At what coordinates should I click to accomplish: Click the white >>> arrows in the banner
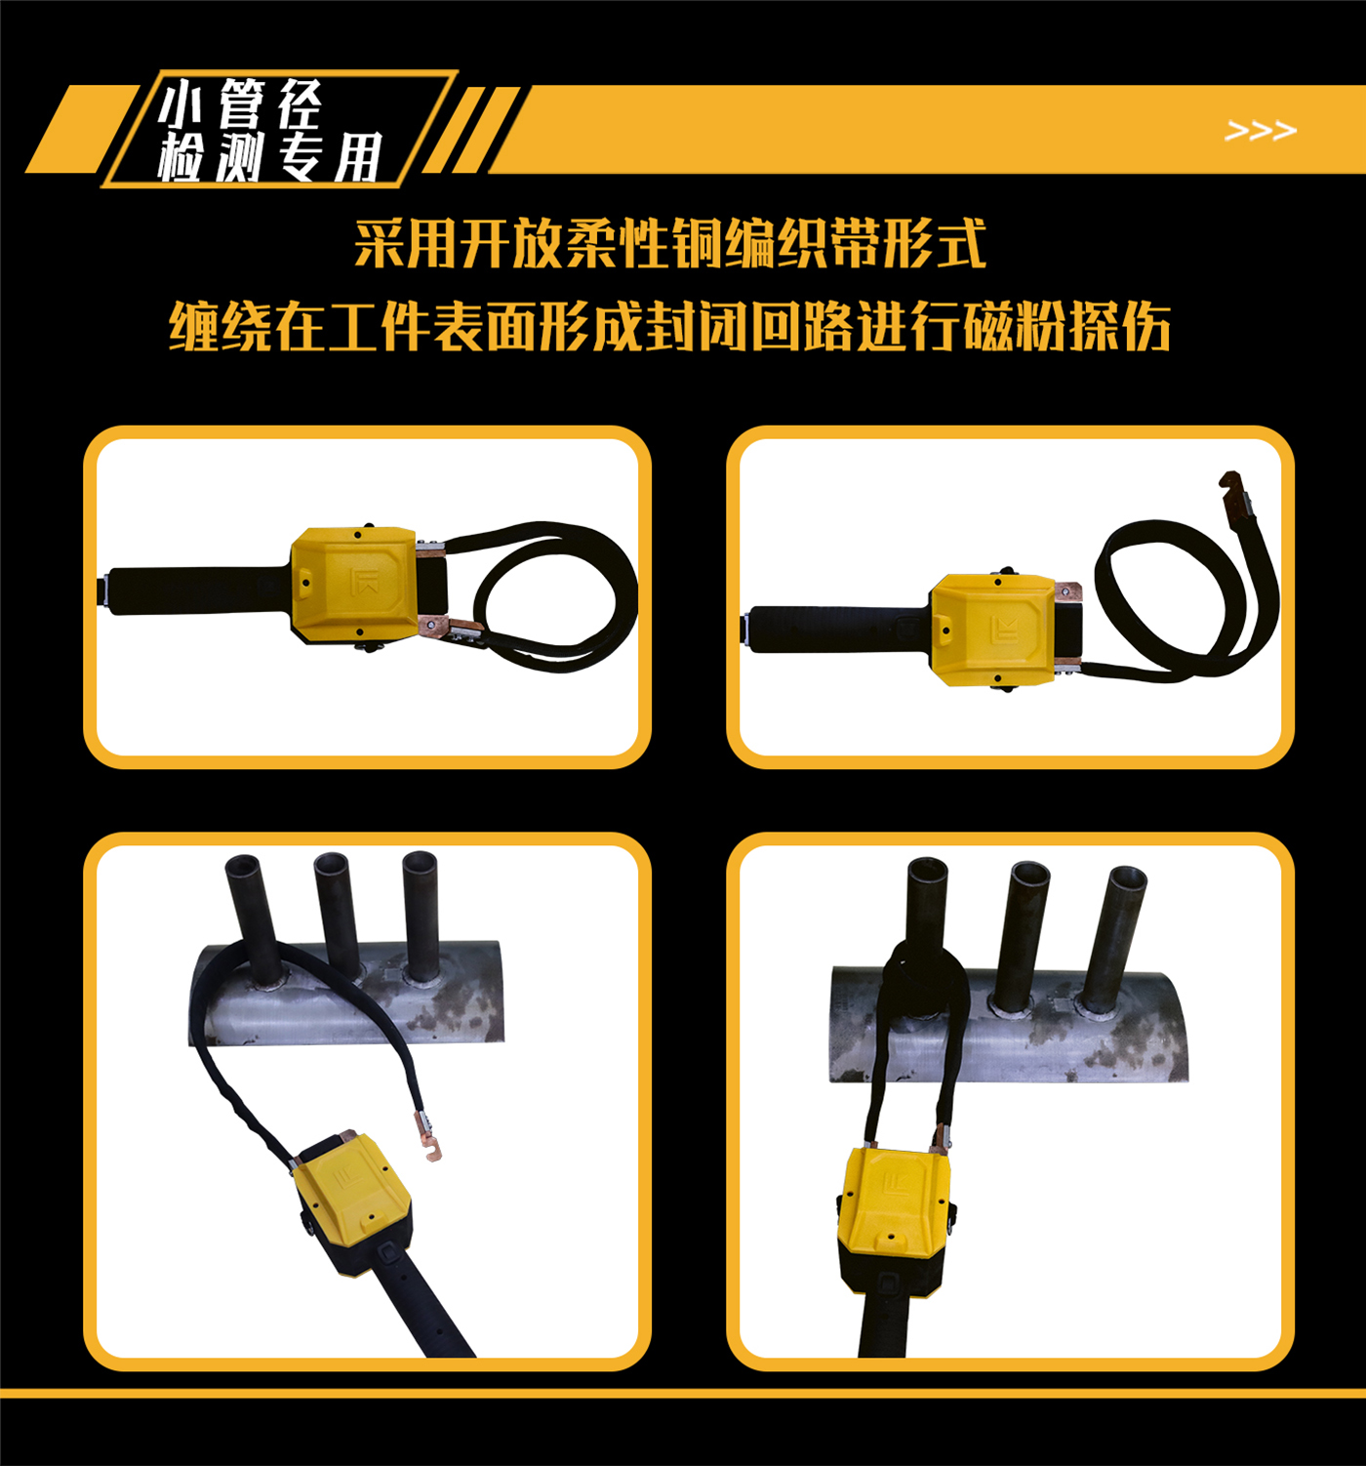[x=1261, y=130]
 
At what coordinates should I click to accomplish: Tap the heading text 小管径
[x=240, y=103]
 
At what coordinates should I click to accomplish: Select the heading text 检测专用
[x=268, y=157]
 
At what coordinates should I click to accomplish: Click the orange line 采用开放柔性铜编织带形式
[x=670, y=243]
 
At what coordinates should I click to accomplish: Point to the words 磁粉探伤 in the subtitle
[x=1066, y=326]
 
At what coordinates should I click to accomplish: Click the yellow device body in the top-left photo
[x=353, y=584]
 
